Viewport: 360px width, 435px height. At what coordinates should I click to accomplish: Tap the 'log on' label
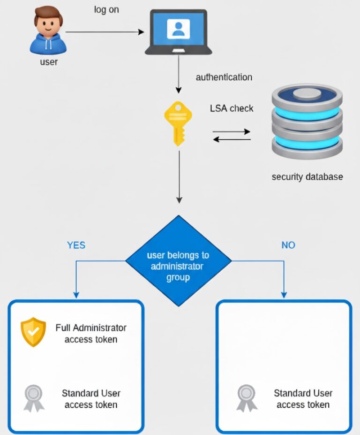(x=106, y=9)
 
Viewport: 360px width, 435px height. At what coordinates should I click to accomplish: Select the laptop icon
(x=178, y=31)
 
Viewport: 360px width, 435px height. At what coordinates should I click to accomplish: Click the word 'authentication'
(x=224, y=77)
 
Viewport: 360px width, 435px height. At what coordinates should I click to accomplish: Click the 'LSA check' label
(x=232, y=108)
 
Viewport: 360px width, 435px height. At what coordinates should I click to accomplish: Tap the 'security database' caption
(x=307, y=177)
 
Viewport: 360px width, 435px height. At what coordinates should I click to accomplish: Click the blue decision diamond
(x=178, y=261)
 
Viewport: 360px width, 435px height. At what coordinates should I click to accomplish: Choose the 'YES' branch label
(x=76, y=245)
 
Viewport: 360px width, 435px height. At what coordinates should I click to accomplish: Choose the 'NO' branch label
(x=288, y=245)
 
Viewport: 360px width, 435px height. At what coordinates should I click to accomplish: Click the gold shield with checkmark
(x=34, y=332)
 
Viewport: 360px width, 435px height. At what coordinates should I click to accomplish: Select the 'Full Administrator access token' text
(x=91, y=333)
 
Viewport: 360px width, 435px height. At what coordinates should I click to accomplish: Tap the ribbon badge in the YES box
(x=34, y=398)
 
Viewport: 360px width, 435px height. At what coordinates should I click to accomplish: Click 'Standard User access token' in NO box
(x=303, y=398)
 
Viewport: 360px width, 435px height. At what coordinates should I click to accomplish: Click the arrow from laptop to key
(x=178, y=77)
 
